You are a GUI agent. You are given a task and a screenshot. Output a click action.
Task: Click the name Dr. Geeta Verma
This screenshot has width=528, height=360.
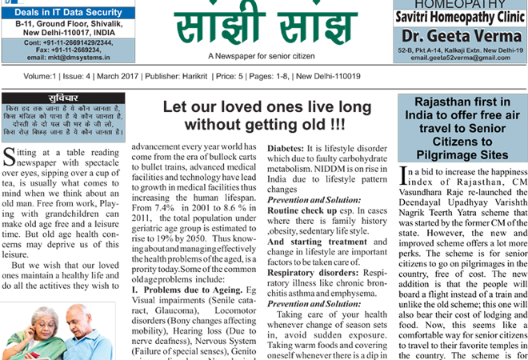(458, 36)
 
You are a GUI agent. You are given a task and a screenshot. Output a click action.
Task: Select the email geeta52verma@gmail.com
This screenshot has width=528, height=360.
(458, 58)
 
